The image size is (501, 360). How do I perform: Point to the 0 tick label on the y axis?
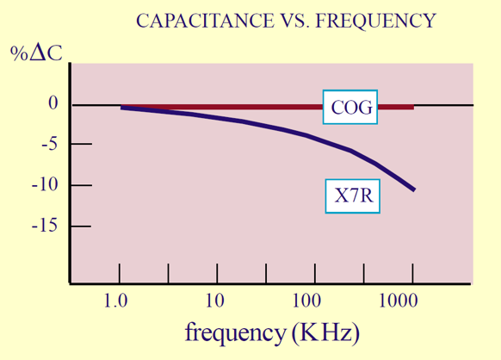pos(53,104)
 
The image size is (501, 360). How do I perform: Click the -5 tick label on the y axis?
pos(50,145)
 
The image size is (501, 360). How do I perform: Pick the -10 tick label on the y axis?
pos(46,185)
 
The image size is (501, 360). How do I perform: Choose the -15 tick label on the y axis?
pos(46,226)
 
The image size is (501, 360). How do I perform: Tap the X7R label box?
pos(352,197)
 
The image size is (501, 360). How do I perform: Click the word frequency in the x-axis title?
pos(235,332)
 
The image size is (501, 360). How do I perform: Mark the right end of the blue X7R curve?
pos(414,189)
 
